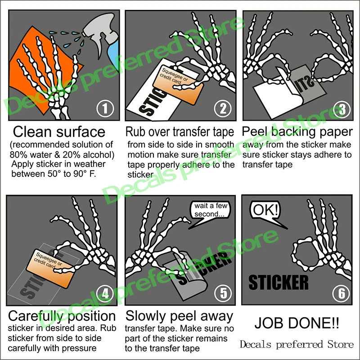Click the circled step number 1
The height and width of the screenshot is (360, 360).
pos(104,108)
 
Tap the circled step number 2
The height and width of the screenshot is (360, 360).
pos(222,108)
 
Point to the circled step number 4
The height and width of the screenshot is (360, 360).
pos(104,293)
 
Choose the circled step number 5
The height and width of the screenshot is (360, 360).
pos(222,293)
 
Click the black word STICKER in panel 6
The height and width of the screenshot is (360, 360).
pos(279,282)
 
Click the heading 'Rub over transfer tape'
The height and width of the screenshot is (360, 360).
pos(180,132)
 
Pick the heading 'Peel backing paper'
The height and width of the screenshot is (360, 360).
pos(297,132)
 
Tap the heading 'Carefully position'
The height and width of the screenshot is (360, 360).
pos(62,315)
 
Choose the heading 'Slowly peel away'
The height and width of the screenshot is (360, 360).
pos(179,315)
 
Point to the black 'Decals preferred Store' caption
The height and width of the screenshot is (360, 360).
pos(297,345)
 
